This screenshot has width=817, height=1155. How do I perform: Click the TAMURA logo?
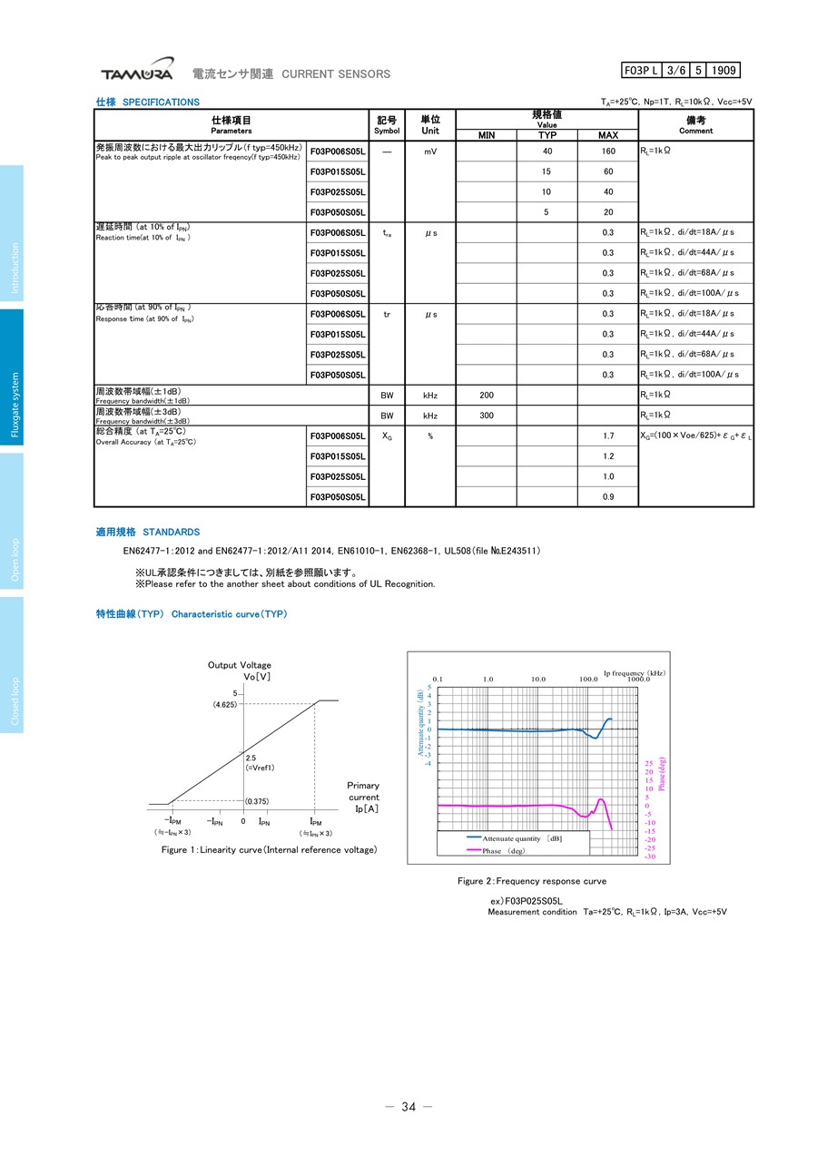click(136, 73)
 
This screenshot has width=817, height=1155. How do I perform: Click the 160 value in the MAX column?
click(607, 152)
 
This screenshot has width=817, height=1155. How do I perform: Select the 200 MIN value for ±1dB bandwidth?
click(487, 396)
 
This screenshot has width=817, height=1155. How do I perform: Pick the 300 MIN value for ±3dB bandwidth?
click(487, 416)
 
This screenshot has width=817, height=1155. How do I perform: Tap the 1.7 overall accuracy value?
click(607, 436)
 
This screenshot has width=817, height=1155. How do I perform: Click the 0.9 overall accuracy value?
click(607, 497)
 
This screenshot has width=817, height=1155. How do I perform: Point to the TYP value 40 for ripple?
click(546, 152)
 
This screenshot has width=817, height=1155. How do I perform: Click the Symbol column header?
click(387, 125)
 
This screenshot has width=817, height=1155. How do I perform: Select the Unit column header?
click(430, 125)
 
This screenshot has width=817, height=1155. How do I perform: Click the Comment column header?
click(695, 125)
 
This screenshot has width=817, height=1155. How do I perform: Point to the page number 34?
click(408, 1106)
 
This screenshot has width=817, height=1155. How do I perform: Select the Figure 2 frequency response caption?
click(532, 881)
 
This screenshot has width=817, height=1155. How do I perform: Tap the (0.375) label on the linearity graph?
click(258, 801)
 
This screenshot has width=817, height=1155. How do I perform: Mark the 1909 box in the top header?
click(723, 71)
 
